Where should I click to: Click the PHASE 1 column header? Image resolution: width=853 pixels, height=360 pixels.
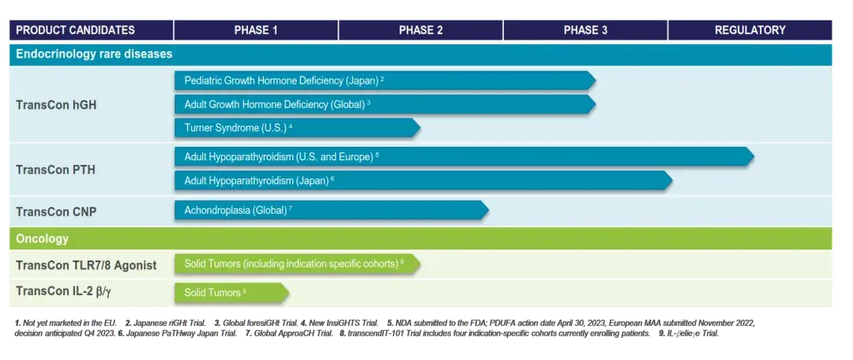[x=256, y=31]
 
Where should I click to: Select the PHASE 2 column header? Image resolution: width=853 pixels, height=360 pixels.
[x=420, y=31]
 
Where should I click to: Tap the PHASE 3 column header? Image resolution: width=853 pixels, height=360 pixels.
[x=585, y=31]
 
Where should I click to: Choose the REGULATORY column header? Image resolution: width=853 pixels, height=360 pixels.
[x=750, y=31]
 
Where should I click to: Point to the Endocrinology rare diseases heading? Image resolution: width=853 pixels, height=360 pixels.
[x=94, y=54]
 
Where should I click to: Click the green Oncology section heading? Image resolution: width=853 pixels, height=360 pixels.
[x=42, y=238]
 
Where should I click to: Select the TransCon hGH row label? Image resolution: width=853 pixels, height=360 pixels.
[x=56, y=105]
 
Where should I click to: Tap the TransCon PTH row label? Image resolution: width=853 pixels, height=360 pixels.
[x=55, y=171]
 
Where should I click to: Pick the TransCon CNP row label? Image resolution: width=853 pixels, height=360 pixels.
[x=56, y=212]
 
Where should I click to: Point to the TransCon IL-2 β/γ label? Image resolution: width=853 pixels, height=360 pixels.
[x=65, y=291]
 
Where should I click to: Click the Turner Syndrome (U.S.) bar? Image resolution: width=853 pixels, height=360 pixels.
[x=297, y=128]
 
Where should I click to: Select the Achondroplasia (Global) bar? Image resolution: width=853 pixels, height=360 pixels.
[x=331, y=210]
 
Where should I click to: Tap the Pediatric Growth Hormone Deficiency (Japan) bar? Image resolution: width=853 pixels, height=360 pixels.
[x=385, y=81]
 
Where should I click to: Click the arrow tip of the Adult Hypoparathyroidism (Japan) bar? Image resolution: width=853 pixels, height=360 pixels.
[x=672, y=180]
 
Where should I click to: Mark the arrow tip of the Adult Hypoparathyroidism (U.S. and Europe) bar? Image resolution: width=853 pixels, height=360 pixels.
[x=753, y=156]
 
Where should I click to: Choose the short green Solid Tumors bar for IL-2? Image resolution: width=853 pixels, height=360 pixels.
[x=231, y=293]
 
